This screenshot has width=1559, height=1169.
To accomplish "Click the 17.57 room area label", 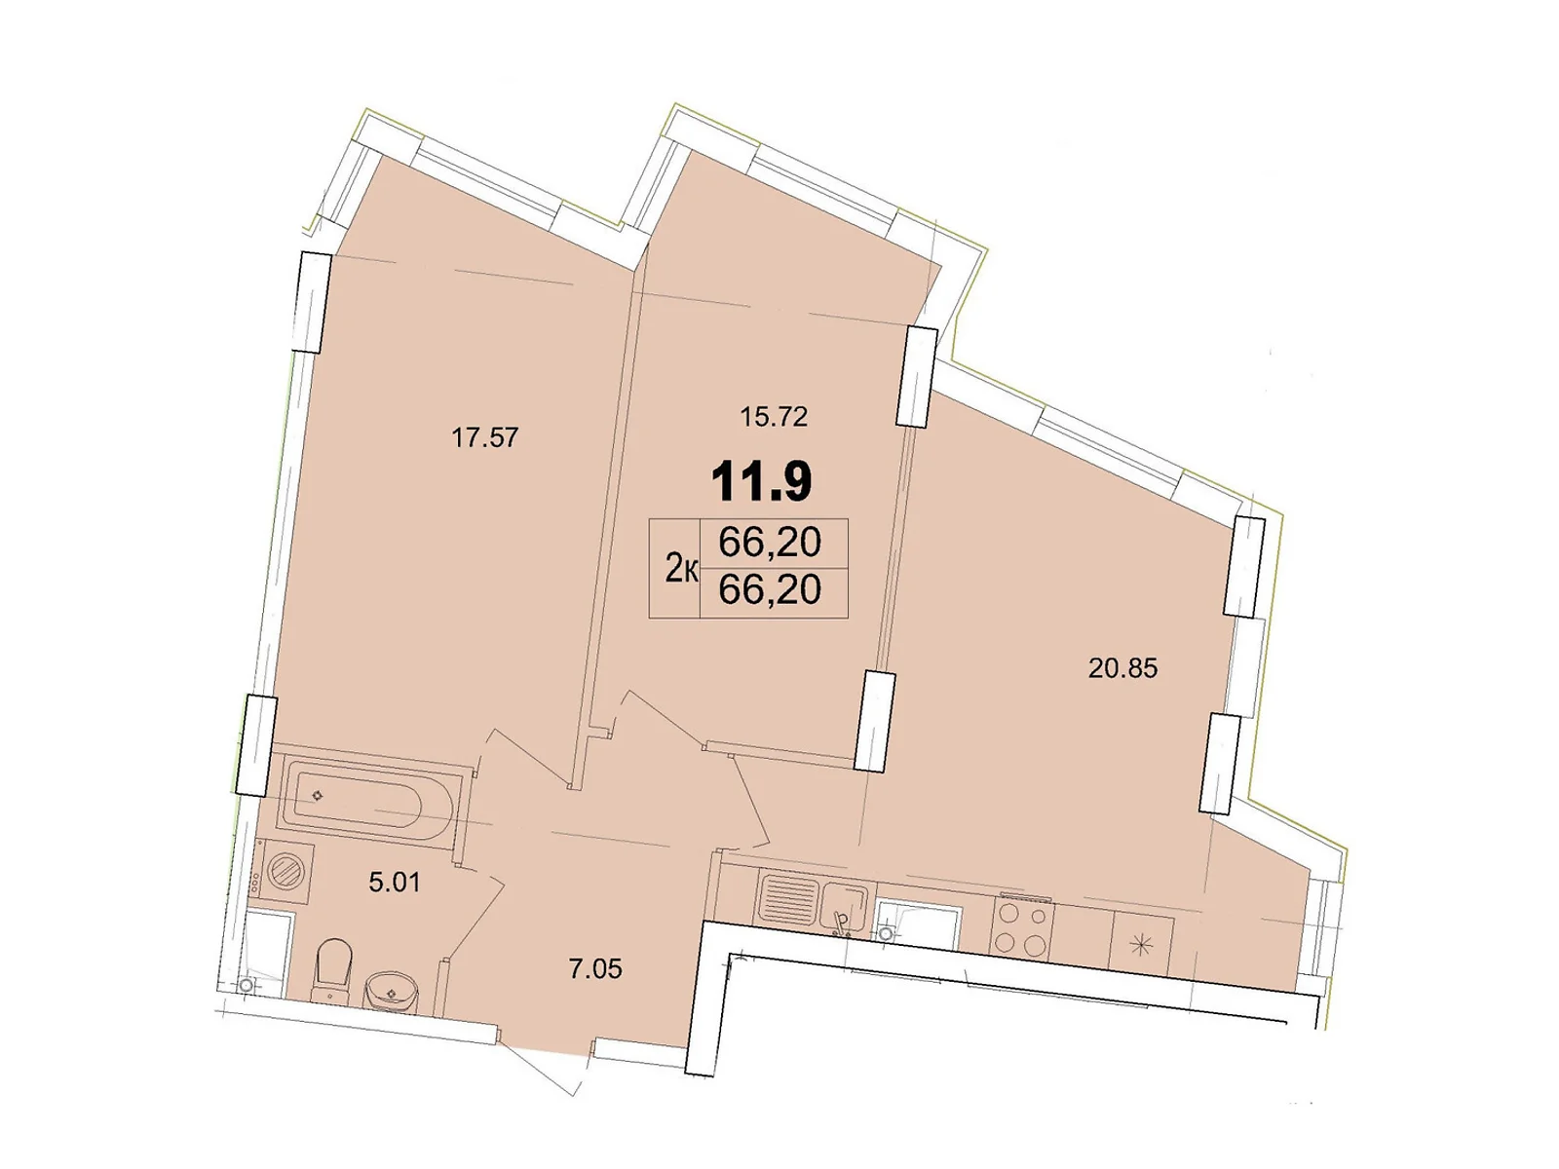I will [x=484, y=438].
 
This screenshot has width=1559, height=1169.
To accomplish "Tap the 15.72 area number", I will [x=774, y=417].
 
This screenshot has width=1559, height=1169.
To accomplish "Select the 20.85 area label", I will [x=1122, y=668].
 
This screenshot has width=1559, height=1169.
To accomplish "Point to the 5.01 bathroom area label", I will [x=394, y=883].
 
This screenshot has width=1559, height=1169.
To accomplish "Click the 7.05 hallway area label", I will [x=594, y=969].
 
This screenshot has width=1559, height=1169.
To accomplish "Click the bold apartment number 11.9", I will [x=761, y=481].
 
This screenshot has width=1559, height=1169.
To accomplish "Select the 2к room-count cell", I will [x=679, y=568].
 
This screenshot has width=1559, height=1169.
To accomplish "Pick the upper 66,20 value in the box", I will [x=770, y=542].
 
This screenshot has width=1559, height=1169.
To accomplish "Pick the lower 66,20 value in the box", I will [x=770, y=589].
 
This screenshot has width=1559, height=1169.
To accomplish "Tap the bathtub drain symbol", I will [x=317, y=796].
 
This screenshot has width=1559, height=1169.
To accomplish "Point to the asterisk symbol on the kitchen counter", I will [x=1142, y=944].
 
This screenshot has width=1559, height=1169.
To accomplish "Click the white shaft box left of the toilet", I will [x=268, y=950].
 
